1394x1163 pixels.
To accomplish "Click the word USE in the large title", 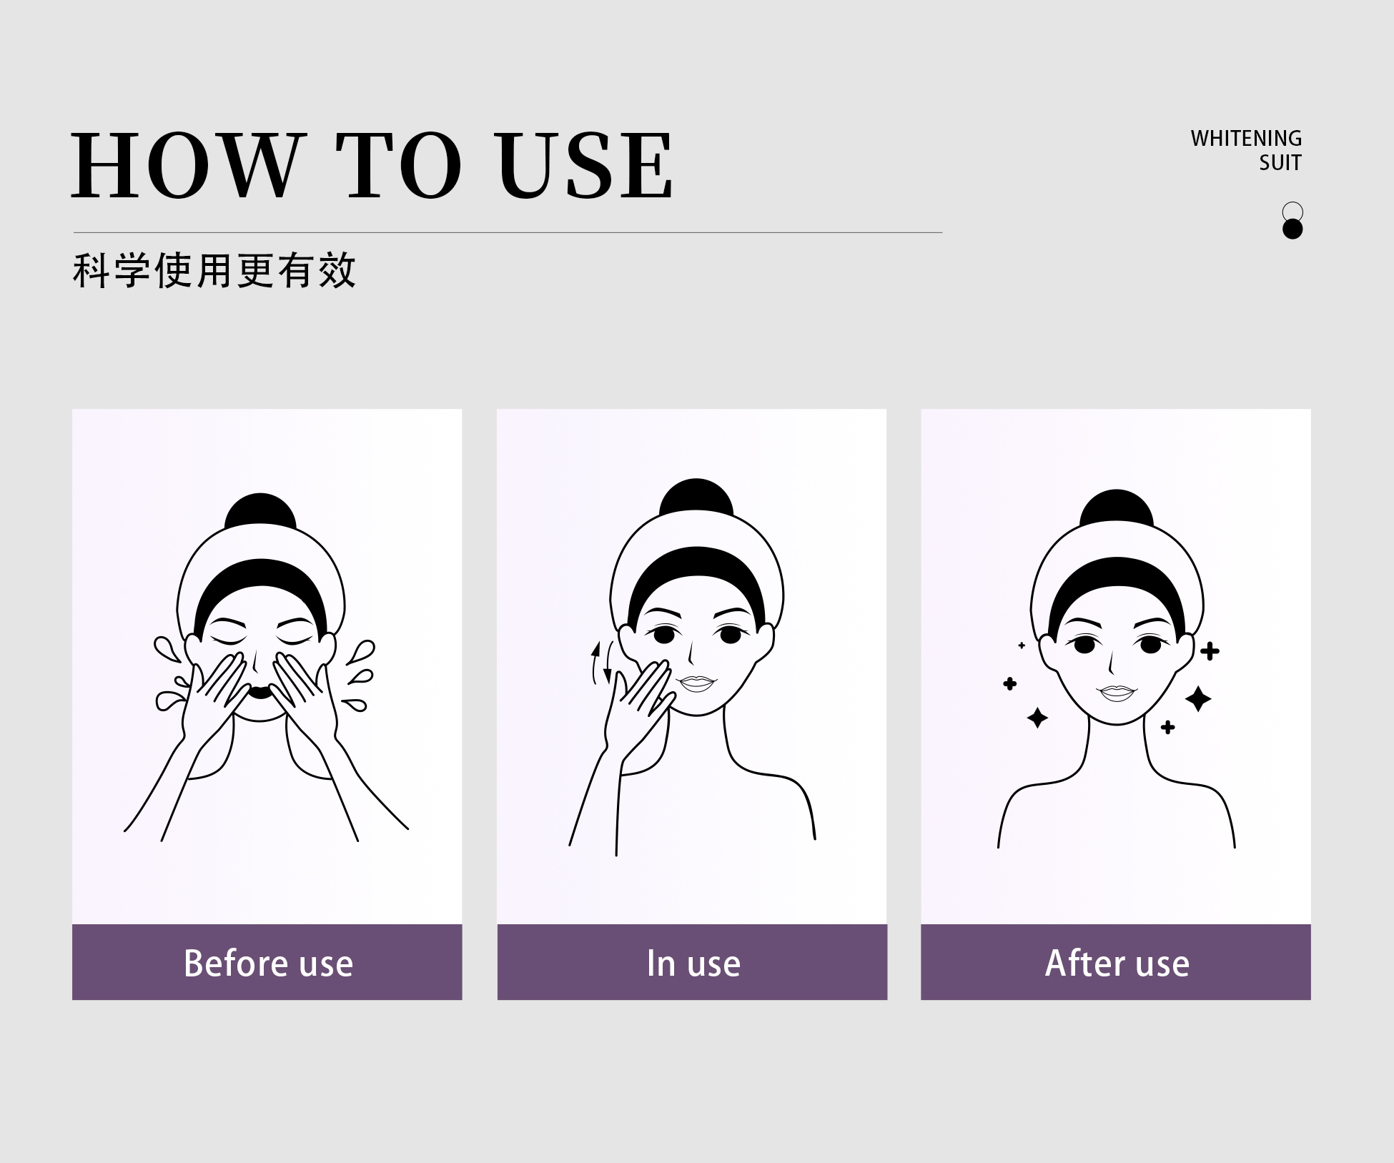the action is (585, 165).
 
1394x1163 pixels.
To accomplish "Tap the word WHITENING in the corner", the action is (1246, 138).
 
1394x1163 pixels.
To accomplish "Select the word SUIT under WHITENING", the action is (1280, 163).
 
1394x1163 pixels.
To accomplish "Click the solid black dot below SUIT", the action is (1292, 229).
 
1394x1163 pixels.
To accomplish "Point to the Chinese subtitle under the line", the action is (214, 270).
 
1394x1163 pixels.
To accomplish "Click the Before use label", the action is (268, 963).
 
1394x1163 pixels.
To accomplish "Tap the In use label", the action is (693, 963).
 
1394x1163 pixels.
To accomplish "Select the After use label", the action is (1117, 963).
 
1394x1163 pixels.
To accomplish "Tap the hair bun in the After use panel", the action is (1117, 508).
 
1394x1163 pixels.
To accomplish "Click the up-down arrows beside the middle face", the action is (602, 663).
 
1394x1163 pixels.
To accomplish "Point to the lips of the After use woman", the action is (1117, 693).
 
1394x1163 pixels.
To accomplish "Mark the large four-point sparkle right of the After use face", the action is (1198, 698).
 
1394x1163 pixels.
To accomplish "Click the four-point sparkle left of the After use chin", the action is (1037, 717).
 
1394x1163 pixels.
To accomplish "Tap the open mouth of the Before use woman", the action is (260, 692).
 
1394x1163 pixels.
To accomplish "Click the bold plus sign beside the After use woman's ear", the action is (1210, 651).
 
